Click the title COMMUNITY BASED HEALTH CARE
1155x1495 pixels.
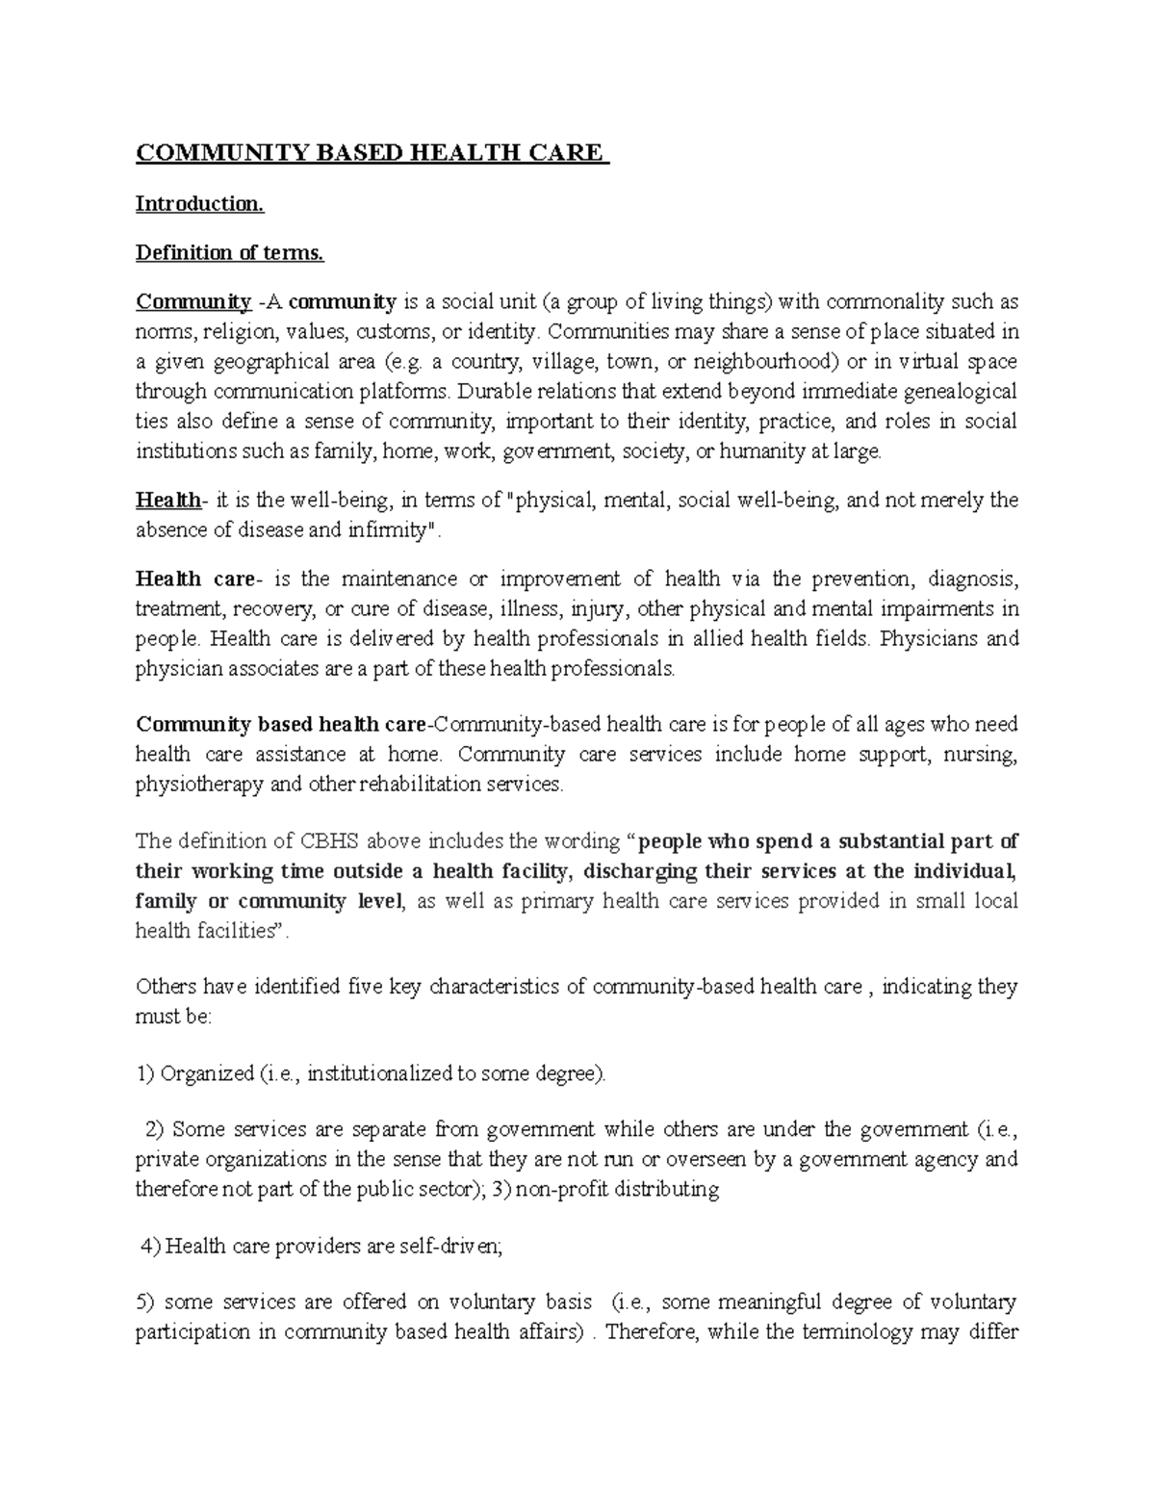click(372, 153)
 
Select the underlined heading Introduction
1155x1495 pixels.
click(199, 203)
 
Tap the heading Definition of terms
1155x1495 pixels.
click(230, 252)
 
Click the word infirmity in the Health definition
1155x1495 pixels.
click(393, 529)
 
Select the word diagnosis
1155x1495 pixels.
click(972, 579)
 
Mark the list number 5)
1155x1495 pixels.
click(145, 1302)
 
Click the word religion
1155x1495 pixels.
click(236, 332)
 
